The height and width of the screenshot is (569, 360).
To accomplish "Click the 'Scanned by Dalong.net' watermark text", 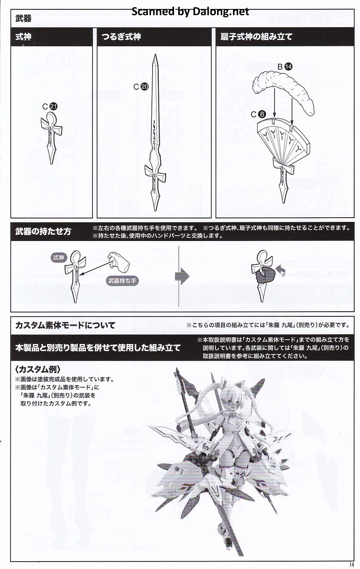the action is [190, 12].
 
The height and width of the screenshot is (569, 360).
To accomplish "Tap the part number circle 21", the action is [54, 106].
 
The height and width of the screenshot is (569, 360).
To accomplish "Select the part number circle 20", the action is [144, 87].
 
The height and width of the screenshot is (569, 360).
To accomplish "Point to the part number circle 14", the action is [289, 66].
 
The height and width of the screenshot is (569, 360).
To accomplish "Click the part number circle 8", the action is [262, 115].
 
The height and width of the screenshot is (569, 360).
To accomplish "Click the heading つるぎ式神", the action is [121, 37].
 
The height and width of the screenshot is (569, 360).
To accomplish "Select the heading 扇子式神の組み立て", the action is [256, 37].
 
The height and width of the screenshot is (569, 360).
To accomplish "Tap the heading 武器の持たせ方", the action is [43, 232].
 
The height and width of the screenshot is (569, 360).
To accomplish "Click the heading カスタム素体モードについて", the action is [65, 325].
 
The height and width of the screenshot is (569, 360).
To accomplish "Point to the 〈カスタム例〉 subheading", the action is [38, 369].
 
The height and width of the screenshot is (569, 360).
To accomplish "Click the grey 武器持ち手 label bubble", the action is [122, 281].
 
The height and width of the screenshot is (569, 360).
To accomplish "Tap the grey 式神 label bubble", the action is [58, 258].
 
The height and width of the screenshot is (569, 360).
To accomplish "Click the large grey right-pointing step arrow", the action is [182, 276].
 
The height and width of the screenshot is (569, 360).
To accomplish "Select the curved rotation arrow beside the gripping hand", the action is [281, 270].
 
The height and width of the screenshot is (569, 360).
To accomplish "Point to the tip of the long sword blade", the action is [156, 54].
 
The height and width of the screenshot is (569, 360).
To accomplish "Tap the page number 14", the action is [351, 564].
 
